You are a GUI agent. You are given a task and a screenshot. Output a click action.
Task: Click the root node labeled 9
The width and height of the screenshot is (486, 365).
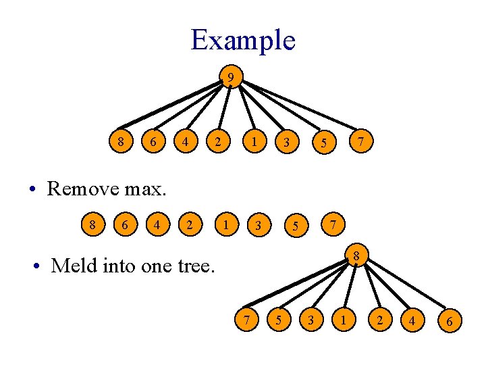230,78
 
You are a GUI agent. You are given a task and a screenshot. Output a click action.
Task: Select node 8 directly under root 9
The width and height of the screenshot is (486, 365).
121,142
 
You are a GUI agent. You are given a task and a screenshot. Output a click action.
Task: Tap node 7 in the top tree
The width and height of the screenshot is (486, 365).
362,141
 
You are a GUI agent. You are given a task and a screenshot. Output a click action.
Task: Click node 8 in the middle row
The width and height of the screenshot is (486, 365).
92,223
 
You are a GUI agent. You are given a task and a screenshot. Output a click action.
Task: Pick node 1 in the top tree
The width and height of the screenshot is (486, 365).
253,141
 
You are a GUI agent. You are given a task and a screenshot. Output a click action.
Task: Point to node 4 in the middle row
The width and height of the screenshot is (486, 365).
157,223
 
